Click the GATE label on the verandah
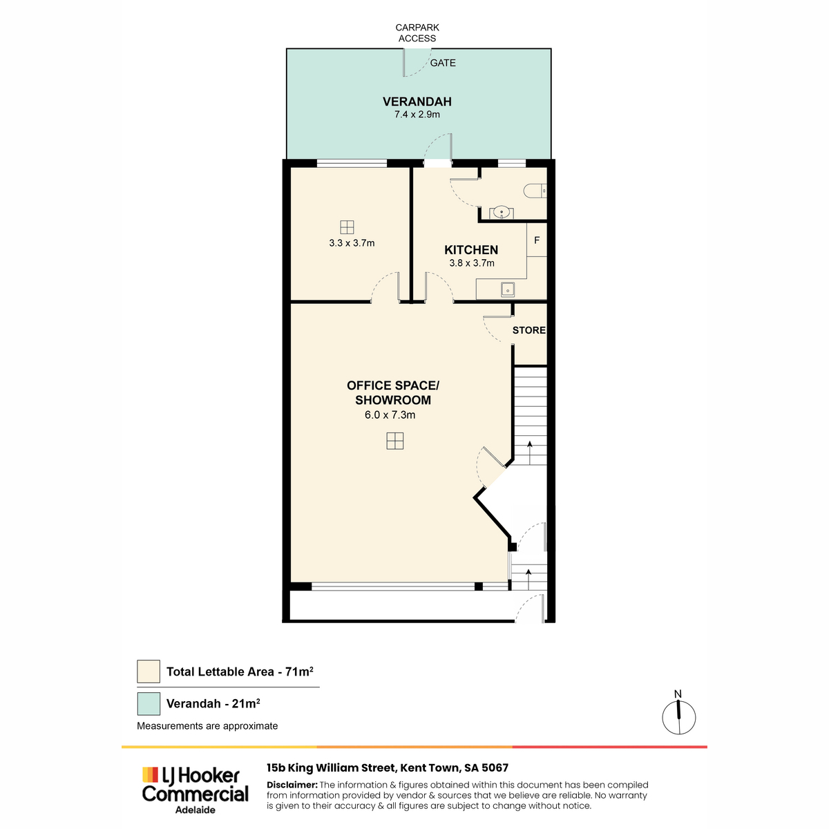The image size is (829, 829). click(442, 63)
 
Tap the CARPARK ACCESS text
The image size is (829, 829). click(417, 32)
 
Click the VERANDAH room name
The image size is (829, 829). click(417, 102)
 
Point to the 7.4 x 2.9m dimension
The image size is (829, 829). click(417, 115)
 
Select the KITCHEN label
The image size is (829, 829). click(471, 250)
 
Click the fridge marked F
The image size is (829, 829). click(537, 240)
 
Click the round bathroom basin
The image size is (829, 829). click(501, 212)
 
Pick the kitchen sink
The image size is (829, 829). click(508, 289)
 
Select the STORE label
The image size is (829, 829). click(528, 330)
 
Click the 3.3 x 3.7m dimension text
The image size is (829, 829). click(352, 243)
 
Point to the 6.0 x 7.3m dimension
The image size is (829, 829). click(390, 414)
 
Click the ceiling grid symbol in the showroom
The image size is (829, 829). click(394, 441)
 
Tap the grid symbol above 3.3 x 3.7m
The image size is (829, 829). click(347, 227)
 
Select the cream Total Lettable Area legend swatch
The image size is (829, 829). click(149, 671)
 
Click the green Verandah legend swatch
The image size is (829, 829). click(149, 703)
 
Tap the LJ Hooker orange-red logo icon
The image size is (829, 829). click(150, 774)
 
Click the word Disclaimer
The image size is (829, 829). click(292, 785)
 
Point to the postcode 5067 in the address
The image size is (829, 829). click(495, 768)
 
